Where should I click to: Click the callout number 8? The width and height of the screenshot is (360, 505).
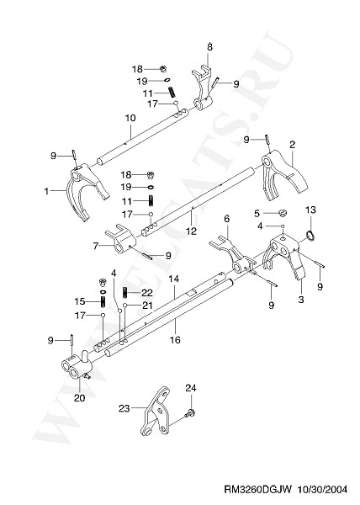tap(209, 47)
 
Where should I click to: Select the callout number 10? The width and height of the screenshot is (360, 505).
tap(130, 118)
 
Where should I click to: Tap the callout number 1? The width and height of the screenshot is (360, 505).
tap(46, 191)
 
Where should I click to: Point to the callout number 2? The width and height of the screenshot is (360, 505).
tap(292, 144)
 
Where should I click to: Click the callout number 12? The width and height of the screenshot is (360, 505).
tap(191, 231)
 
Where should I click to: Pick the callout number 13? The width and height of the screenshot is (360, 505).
tap(310, 210)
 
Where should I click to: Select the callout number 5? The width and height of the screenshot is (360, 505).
tap(257, 214)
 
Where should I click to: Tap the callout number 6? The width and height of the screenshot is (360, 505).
tap(227, 219)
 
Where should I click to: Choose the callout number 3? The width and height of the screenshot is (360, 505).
tap(301, 300)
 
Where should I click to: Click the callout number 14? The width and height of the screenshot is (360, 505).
tap(173, 279)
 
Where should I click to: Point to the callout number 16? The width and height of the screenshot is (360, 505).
tap(175, 340)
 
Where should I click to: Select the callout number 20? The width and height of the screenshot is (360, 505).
tap(79, 398)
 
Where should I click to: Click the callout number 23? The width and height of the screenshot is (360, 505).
tap(124, 408)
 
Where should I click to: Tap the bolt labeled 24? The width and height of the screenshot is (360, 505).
tap(191, 412)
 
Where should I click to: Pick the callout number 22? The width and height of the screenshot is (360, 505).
tap(147, 292)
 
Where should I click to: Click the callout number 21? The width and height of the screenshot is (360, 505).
tap(147, 305)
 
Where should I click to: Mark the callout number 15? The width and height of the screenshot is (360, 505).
tap(79, 301)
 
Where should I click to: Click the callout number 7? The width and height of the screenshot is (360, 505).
tap(95, 247)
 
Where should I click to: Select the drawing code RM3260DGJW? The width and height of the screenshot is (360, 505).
tap(257, 490)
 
